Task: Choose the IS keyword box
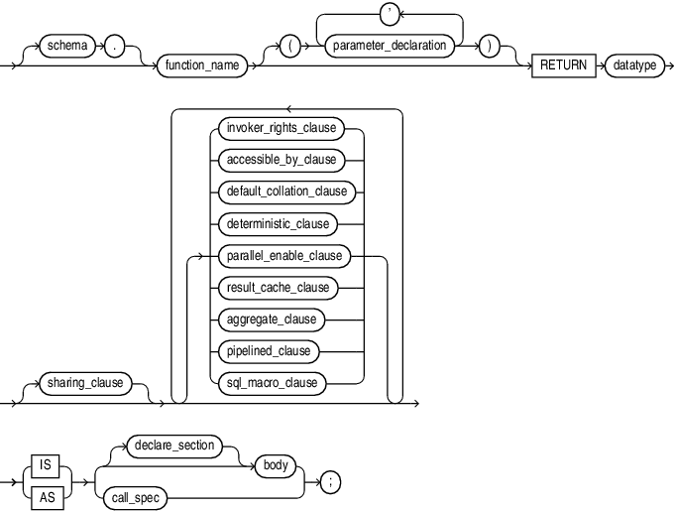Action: (45, 464)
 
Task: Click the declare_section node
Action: (172, 446)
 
